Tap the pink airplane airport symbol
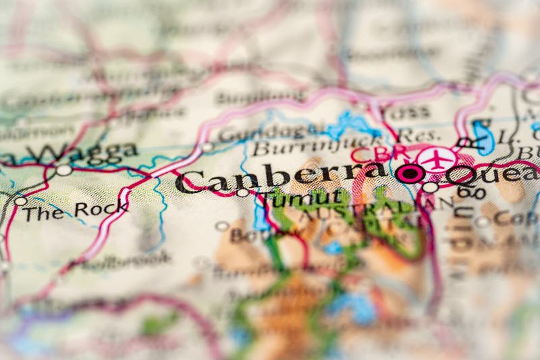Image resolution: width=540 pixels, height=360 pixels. click(437, 159)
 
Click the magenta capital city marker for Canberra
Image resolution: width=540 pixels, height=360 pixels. click(410, 173)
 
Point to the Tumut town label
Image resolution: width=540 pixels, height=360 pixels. click(304, 199)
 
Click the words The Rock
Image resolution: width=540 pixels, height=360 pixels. click(75, 210)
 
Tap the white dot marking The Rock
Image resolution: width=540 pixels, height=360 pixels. click(20, 201)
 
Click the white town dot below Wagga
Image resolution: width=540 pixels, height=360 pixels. click(64, 170)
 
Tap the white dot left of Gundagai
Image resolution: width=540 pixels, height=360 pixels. click(207, 147)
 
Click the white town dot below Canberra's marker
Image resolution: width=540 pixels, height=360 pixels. click(430, 187)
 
